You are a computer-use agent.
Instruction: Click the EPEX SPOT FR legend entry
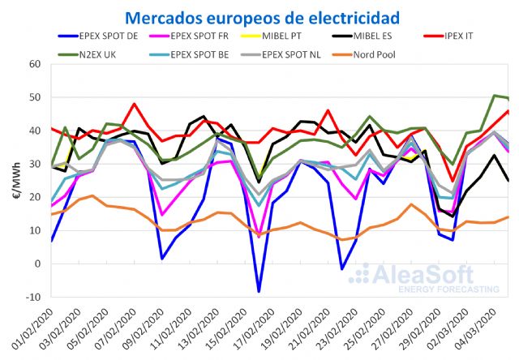230,36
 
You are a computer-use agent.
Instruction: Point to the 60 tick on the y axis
35,64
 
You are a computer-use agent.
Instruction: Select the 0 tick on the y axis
37,264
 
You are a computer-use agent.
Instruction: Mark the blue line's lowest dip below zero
259,291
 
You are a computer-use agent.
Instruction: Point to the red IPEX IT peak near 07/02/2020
134,104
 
